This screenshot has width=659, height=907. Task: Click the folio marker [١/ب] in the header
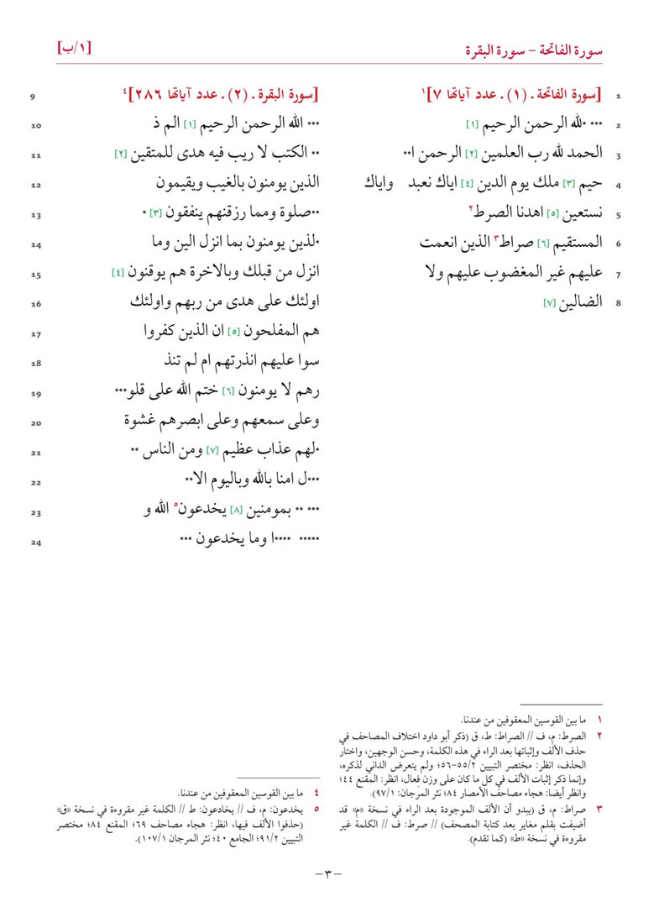pyautogui.click(x=74, y=47)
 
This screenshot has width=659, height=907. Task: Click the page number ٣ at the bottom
pyautogui.click(x=329, y=874)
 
